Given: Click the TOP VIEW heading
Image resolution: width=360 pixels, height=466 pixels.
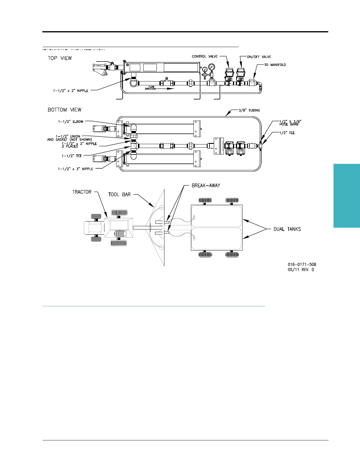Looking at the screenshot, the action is pyautogui.click(x=60, y=58).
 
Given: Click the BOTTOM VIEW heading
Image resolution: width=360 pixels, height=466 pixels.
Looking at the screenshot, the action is pyautogui.click(x=64, y=110).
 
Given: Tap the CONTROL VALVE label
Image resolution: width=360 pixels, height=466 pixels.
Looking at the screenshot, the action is pyautogui.click(x=205, y=56).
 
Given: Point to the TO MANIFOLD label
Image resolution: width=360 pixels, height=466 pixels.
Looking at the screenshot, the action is pyautogui.click(x=275, y=65).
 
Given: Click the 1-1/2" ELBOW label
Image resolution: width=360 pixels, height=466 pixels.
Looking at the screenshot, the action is pyautogui.click(x=71, y=122).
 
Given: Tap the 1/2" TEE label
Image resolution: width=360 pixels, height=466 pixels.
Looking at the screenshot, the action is pyautogui.click(x=287, y=133).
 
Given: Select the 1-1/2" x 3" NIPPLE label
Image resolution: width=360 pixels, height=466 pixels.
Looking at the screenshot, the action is pyautogui.click(x=75, y=169).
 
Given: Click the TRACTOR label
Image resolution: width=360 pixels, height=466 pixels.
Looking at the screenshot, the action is pyautogui.click(x=82, y=192).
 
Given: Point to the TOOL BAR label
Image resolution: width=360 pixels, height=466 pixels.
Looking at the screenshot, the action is pyautogui.click(x=120, y=194).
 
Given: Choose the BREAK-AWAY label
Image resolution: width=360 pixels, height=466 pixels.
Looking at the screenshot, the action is pyautogui.click(x=206, y=186).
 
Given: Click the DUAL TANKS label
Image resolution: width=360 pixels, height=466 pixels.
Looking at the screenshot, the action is pyautogui.click(x=287, y=229).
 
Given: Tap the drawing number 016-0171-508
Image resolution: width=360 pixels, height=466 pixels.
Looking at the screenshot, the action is pyautogui.click(x=302, y=265).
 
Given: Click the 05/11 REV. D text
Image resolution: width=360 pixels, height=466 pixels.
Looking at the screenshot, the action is pyautogui.click(x=301, y=270).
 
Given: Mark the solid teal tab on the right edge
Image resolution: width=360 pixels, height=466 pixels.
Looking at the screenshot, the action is pyautogui.click(x=347, y=196).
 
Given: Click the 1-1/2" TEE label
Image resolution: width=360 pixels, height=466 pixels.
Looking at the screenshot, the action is pyautogui.click(x=72, y=156).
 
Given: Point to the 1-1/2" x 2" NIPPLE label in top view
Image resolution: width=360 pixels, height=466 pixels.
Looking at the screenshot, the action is pyautogui.click(x=71, y=91).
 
